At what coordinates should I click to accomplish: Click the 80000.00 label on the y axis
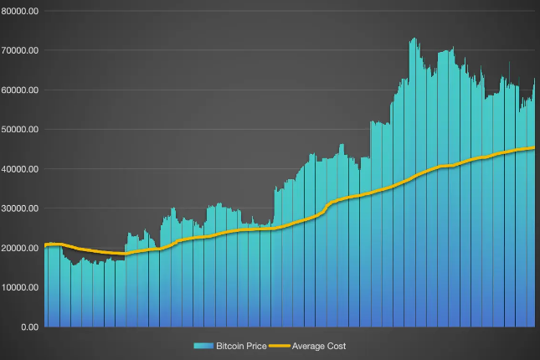coord(21,11)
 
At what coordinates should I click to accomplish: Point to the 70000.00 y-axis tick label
coord(21,50)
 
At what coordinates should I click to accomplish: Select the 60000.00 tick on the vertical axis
coord(21,90)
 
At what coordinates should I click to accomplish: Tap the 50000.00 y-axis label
coord(21,129)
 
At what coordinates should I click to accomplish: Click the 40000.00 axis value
coord(21,168)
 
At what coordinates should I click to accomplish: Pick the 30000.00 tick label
coord(21,208)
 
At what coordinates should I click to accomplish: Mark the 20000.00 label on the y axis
coord(21,248)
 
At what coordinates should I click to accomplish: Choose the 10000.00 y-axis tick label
coord(21,287)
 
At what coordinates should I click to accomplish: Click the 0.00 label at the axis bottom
coord(29,327)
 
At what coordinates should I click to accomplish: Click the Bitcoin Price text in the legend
coord(241,346)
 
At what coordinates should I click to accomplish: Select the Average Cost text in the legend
coord(318,346)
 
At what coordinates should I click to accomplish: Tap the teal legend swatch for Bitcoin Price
coord(203,346)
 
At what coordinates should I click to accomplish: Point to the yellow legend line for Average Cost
coord(280,346)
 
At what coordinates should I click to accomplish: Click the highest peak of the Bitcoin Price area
coord(413,38)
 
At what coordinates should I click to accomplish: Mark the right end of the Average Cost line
coord(534,148)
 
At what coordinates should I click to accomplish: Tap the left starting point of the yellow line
coord(45,244)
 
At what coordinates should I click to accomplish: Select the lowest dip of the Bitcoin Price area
coord(75,265)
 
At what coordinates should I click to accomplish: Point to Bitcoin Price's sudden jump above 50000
coord(371,124)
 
